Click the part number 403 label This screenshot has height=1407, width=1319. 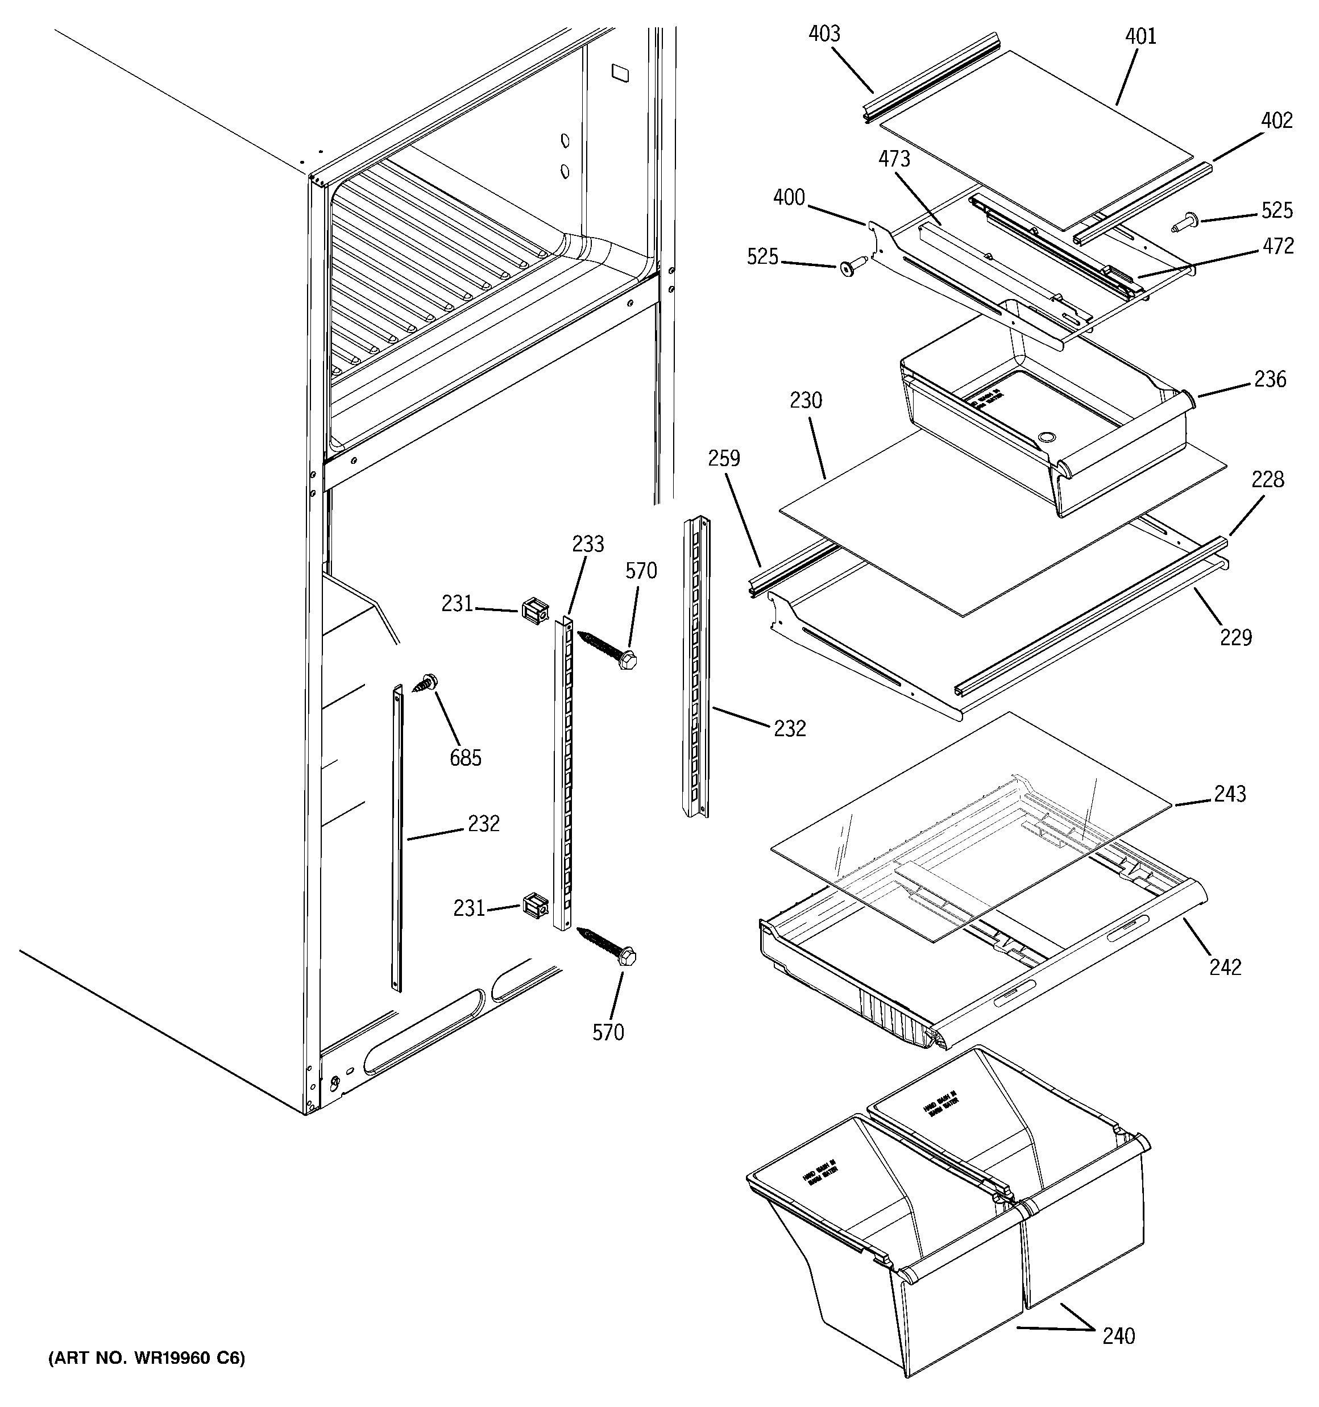click(824, 34)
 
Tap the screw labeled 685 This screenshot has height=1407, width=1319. click(428, 682)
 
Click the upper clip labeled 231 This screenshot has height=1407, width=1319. click(535, 610)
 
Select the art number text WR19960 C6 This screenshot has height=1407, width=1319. click(147, 1358)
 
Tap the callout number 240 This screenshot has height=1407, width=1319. click(1118, 1337)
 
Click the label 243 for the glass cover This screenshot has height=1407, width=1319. click(1230, 794)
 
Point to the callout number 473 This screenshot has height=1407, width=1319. click(894, 159)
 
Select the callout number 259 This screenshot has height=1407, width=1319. click(724, 459)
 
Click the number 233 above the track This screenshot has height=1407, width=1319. click(588, 544)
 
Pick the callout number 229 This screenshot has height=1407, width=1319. click(1236, 638)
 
